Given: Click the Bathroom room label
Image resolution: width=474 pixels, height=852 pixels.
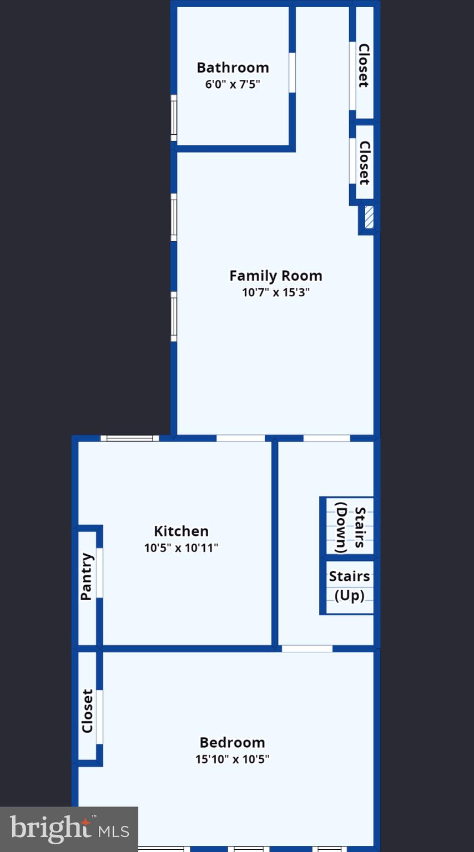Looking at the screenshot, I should (x=233, y=68).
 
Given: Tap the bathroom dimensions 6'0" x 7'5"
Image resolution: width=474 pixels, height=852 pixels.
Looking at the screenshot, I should (x=233, y=85).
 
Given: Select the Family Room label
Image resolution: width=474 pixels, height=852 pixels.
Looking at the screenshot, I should (x=275, y=276).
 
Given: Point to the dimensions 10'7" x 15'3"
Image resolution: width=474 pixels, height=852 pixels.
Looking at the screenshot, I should (x=275, y=292).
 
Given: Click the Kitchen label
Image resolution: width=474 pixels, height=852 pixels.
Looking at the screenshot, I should (x=181, y=531).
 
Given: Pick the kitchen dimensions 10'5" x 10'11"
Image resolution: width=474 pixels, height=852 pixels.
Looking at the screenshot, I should (x=181, y=548).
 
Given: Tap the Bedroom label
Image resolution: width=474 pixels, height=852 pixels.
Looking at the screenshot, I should (x=232, y=742).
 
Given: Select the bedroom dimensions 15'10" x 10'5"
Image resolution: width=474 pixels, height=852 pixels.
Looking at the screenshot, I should (x=232, y=759).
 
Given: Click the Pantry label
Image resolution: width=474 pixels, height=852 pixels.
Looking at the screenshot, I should (x=87, y=577).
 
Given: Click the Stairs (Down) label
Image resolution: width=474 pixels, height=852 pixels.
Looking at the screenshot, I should (x=350, y=527).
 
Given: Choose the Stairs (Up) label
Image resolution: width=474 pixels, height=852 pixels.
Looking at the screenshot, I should (x=349, y=586).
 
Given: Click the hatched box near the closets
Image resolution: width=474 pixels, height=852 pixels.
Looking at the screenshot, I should (x=369, y=217).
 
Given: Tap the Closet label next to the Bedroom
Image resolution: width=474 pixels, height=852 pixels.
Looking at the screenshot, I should (x=87, y=711).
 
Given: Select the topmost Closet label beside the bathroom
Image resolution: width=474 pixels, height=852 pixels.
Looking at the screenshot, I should (x=364, y=65).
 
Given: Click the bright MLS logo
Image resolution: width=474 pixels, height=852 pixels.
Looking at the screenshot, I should (x=69, y=829).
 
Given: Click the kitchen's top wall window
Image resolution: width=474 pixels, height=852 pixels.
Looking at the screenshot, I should (x=129, y=438).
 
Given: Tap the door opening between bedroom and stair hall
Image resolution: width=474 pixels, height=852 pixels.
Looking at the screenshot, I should (x=307, y=648).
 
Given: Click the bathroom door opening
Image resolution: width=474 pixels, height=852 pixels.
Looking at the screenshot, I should (x=292, y=72).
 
